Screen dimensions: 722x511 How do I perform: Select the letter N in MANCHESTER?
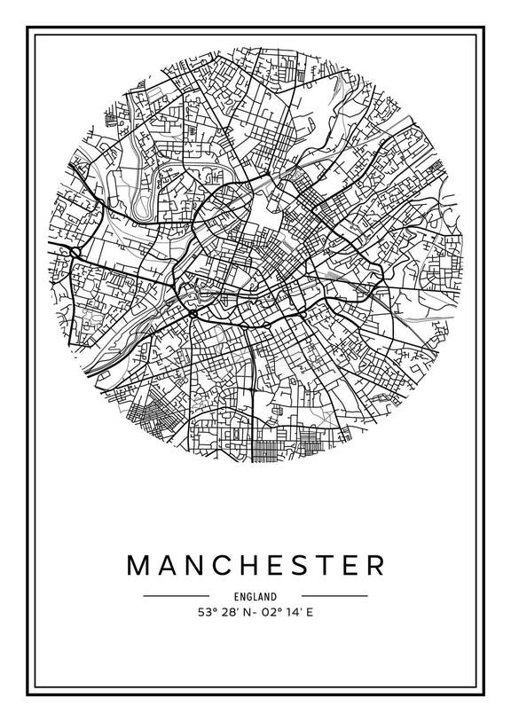(x=198, y=566)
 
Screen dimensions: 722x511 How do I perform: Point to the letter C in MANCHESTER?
(x=224, y=566)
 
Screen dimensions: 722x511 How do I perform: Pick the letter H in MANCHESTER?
(x=251, y=566)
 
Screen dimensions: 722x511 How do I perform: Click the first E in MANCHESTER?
(x=276, y=566)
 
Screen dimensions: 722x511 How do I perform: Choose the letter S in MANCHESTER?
(x=299, y=566)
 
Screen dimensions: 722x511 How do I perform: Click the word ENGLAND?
(x=255, y=597)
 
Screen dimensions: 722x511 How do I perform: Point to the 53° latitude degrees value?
(x=207, y=612)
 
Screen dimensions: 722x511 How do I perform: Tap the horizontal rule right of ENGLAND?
(x=334, y=596)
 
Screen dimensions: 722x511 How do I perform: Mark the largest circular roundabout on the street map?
(x=193, y=311)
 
